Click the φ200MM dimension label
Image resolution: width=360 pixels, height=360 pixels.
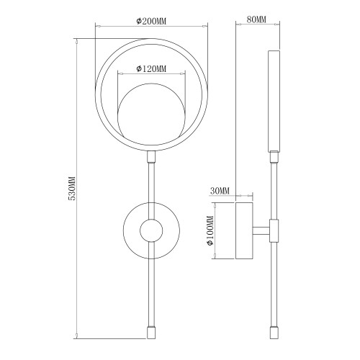[151, 21]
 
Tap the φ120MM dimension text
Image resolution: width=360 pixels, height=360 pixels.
[151, 69]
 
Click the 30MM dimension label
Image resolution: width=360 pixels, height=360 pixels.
[220, 191]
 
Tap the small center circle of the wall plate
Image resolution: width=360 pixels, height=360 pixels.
[151, 231]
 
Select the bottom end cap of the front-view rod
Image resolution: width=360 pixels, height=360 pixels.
[151, 333]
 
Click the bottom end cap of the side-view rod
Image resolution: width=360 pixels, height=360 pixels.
[274, 333]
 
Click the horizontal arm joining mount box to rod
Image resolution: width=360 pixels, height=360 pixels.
[261, 231]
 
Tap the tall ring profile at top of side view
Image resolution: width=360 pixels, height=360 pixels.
[274, 100]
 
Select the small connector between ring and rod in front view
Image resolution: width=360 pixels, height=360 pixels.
[151, 158]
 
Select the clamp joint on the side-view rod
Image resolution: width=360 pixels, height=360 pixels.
[274, 231]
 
